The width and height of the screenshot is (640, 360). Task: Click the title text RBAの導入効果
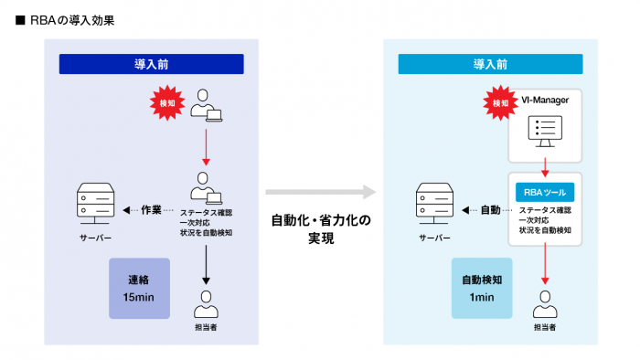point(70,17)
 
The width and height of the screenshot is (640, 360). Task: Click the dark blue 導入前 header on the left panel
point(151,64)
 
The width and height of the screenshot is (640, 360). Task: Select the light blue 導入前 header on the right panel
point(490,64)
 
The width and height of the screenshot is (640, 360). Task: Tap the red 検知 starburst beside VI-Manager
point(500,103)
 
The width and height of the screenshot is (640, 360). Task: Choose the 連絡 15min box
point(139,288)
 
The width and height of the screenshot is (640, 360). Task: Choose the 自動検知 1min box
point(481,288)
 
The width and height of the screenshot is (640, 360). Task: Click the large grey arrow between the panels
point(320,193)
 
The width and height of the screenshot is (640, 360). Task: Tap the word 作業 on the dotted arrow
point(152,209)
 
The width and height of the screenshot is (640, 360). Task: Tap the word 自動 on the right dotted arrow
point(490,209)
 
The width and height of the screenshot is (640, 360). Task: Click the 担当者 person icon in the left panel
point(206,301)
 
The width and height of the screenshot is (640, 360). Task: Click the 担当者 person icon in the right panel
point(545,301)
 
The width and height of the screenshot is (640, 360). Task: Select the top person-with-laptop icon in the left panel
point(205,103)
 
